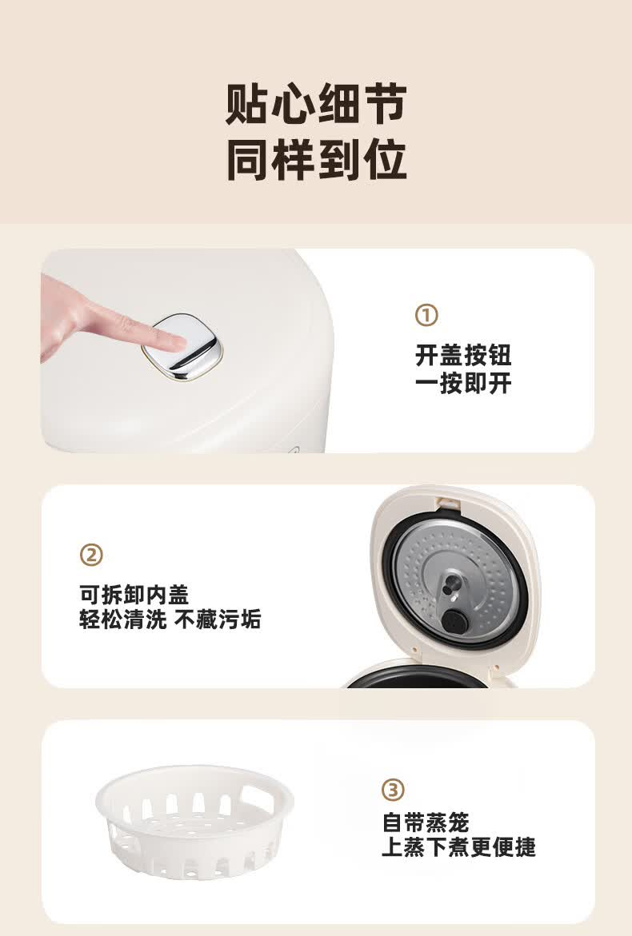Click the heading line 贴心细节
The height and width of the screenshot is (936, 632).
(316, 104)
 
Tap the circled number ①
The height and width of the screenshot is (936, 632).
(426, 315)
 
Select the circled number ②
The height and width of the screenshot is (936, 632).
(90, 556)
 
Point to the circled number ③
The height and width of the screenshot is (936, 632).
(393, 790)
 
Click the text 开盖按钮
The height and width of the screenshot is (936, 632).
(463, 355)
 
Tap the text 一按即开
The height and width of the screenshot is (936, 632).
(463, 383)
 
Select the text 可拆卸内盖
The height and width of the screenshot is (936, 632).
(134, 595)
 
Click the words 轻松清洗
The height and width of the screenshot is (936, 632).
(123, 619)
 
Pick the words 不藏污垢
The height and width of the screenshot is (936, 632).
(218, 619)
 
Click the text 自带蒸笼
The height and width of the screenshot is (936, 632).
(426, 822)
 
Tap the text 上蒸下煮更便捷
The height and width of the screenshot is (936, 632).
(458, 847)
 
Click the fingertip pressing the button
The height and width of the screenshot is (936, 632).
(175, 341)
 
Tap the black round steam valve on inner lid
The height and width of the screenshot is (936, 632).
(454, 624)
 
